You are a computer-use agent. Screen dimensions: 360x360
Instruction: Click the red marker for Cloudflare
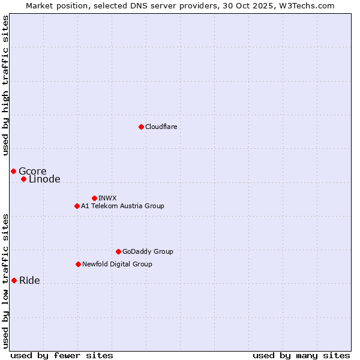(x=141, y=127)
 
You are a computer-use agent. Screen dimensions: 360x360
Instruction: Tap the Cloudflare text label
(x=161, y=127)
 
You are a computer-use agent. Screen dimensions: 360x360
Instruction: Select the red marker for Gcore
(x=13, y=171)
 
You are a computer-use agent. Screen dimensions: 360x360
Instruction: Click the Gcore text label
(x=32, y=171)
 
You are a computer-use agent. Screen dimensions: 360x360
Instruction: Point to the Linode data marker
(x=23, y=179)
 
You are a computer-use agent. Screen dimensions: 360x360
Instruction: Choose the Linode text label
(x=44, y=179)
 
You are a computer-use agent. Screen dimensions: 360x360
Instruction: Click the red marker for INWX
(x=94, y=198)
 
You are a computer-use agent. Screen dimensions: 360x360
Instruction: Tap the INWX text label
(x=107, y=198)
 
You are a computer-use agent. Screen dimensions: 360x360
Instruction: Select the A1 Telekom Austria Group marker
(x=77, y=206)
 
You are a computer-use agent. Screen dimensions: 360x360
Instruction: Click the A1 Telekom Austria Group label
(x=122, y=206)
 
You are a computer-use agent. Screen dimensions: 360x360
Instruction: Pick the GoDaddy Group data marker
(x=118, y=251)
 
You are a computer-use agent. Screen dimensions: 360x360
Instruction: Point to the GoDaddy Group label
(x=148, y=251)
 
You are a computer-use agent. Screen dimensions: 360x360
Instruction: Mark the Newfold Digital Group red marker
(x=78, y=264)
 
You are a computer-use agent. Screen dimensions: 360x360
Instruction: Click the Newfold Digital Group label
(x=117, y=264)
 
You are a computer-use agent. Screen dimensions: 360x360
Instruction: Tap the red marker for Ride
(x=14, y=280)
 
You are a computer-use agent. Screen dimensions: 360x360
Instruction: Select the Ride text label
(x=29, y=280)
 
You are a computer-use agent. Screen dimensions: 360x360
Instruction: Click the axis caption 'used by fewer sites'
(x=62, y=355)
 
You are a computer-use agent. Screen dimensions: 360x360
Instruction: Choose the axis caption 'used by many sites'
(x=301, y=355)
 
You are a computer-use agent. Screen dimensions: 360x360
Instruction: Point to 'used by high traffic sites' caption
(x=5, y=85)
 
